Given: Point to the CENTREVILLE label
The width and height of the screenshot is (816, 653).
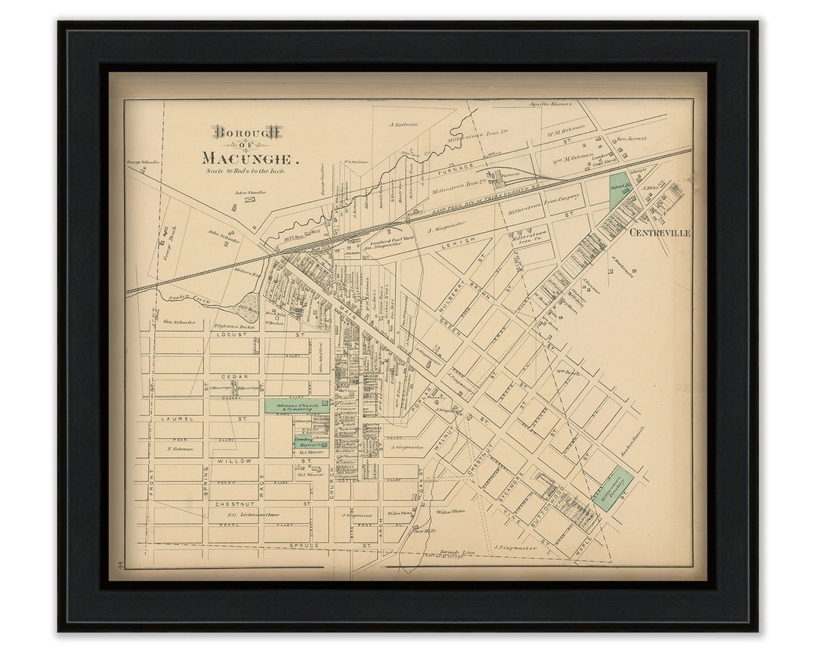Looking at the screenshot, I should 660,234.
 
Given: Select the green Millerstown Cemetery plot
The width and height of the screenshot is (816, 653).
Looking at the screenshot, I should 613,489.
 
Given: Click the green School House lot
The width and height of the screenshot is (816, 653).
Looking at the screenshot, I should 620,190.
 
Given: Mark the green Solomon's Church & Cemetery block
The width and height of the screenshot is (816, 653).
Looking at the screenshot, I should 296,406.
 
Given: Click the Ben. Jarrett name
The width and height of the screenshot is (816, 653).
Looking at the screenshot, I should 632,139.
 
